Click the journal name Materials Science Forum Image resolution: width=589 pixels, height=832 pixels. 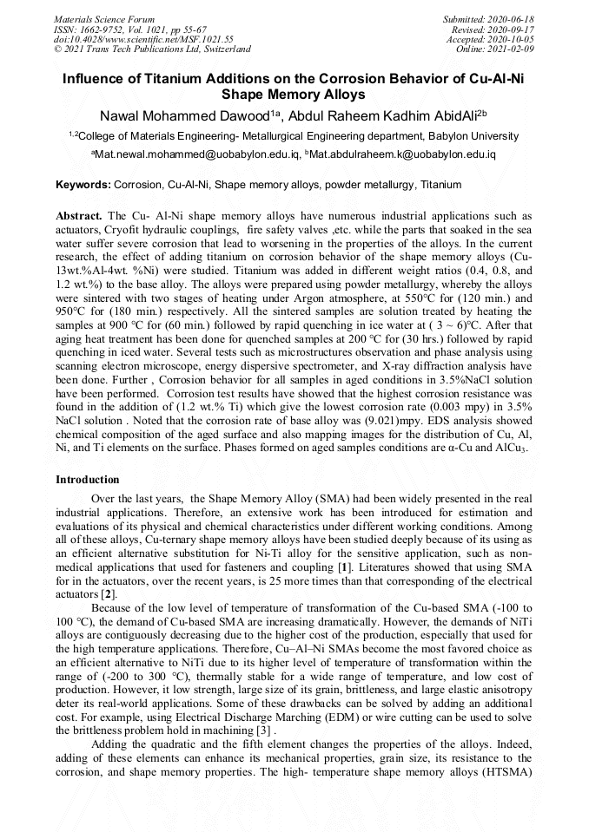pos(104,18)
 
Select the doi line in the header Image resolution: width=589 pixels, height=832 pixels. pos(144,39)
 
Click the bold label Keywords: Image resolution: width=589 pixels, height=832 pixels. pos(83,185)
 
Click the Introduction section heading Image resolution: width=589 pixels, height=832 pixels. pos(88,479)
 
